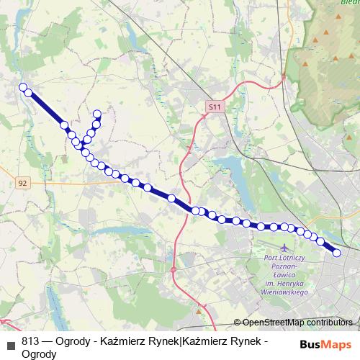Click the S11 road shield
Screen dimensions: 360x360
click(x=213, y=107)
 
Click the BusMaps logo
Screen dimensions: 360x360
click(x=326, y=344)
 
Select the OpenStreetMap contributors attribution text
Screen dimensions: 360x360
click(x=297, y=323)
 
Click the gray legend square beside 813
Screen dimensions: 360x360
click(x=10, y=344)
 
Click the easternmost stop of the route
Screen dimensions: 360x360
click(x=336, y=252)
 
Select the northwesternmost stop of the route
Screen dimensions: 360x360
click(x=22, y=87)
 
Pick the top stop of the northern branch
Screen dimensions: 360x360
click(x=97, y=113)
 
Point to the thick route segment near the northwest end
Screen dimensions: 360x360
click(x=46, y=109)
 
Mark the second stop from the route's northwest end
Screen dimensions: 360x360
click(x=28, y=93)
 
